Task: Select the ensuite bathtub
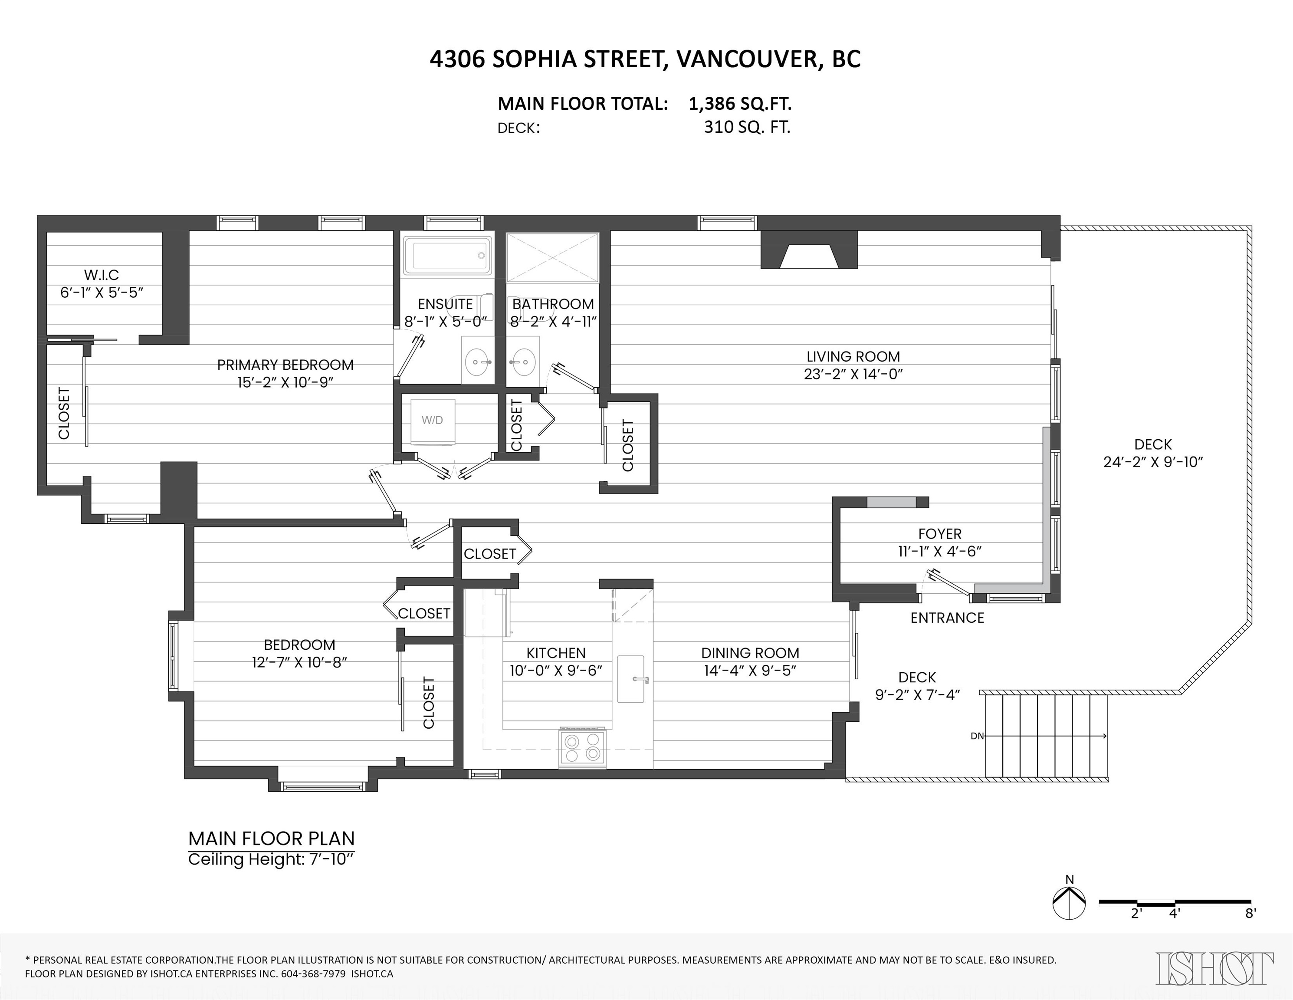coord(448,256)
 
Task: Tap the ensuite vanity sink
coord(478,361)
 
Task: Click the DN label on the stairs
coord(978,736)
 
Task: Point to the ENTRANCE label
coord(947,618)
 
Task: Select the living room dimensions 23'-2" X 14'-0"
coord(853,374)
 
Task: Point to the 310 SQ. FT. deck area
coord(747,127)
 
